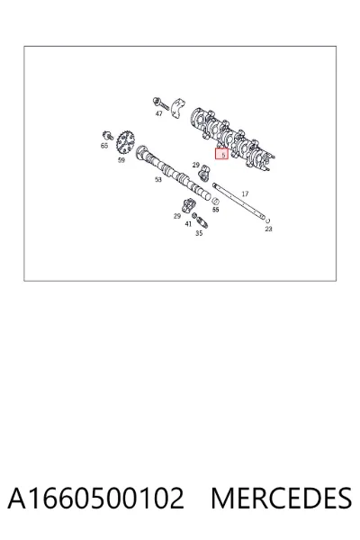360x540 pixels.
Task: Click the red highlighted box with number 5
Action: pyautogui.click(x=222, y=154)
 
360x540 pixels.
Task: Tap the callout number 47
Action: pyautogui.click(x=158, y=113)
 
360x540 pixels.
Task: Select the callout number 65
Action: pyautogui.click(x=104, y=146)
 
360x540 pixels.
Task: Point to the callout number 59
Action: pyautogui.click(x=121, y=160)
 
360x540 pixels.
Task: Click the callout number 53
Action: pyautogui.click(x=158, y=179)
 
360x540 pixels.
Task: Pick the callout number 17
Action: pyautogui.click(x=245, y=193)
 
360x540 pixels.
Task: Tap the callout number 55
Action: pyautogui.click(x=216, y=210)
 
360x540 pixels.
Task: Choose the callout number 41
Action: pyautogui.click(x=188, y=224)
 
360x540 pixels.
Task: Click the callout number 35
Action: pyautogui.click(x=199, y=233)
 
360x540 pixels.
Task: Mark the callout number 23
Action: pyautogui.click(x=269, y=229)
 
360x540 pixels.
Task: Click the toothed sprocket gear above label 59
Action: pyautogui.click(x=126, y=143)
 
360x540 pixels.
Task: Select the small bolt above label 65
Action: pyautogui.click(x=108, y=135)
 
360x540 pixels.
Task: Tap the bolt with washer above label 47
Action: pyautogui.click(x=160, y=103)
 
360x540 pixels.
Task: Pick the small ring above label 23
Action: pyautogui.click(x=268, y=220)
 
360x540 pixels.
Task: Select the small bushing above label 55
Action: pyautogui.click(x=216, y=201)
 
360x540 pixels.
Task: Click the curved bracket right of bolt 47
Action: pyautogui.click(x=178, y=109)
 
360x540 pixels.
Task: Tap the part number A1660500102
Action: pyautogui.click(x=95, y=498)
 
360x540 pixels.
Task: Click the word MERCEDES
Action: pyautogui.click(x=281, y=498)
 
